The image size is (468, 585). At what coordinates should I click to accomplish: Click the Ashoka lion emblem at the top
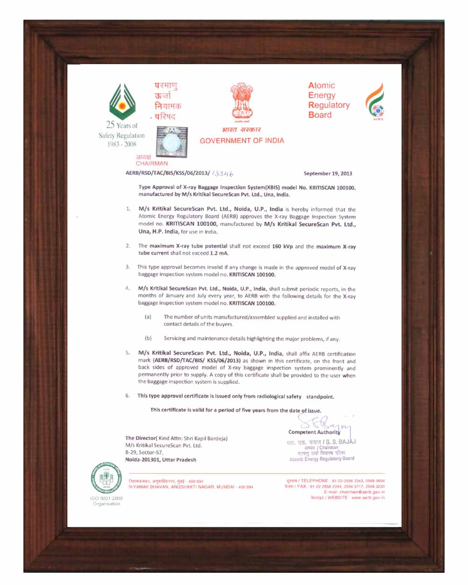coord(241,101)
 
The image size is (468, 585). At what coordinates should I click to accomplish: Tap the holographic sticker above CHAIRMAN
coord(171,140)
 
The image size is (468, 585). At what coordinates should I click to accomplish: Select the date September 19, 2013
coord(328,174)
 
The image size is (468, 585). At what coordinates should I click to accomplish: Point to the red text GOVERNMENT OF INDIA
coord(241,140)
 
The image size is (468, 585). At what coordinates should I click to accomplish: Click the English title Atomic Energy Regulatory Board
coord(329,100)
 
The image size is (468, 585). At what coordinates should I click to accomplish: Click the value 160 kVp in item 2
coord(282,246)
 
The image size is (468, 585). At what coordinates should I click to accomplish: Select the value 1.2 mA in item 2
coord(219,253)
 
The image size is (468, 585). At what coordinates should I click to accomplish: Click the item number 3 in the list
coord(127,267)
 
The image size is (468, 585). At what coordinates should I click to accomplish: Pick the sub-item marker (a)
coord(148,317)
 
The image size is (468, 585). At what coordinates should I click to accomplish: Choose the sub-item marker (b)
coord(148,338)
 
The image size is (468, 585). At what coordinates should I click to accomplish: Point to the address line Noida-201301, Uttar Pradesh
coord(161,460)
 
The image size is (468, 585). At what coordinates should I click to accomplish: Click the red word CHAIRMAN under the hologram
coord(152,163)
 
